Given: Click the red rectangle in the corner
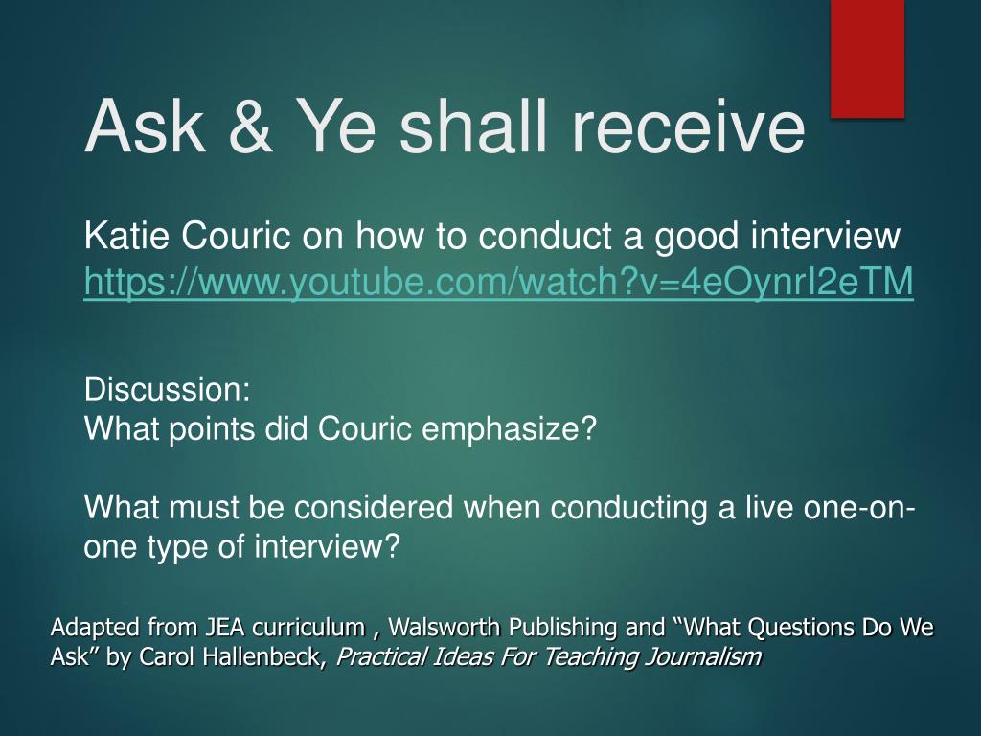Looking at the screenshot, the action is pyautogui.click(x=867, y=58).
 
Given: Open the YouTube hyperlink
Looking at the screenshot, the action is pyautogui.click(x=498, y=282).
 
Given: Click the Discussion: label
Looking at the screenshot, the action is pyautogui.click(x=167, y=389).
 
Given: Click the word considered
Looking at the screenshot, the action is pyautogui.click(x=374, y=507).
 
